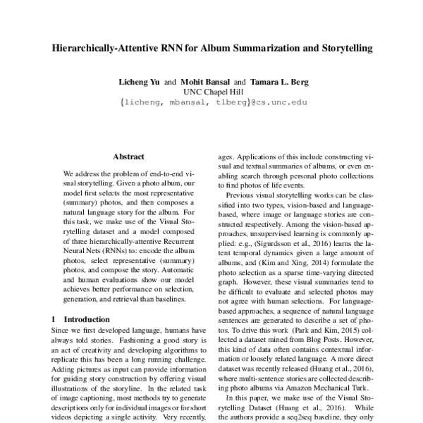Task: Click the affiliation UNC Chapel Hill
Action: pos(212,92)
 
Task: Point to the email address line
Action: pos(211,102)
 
